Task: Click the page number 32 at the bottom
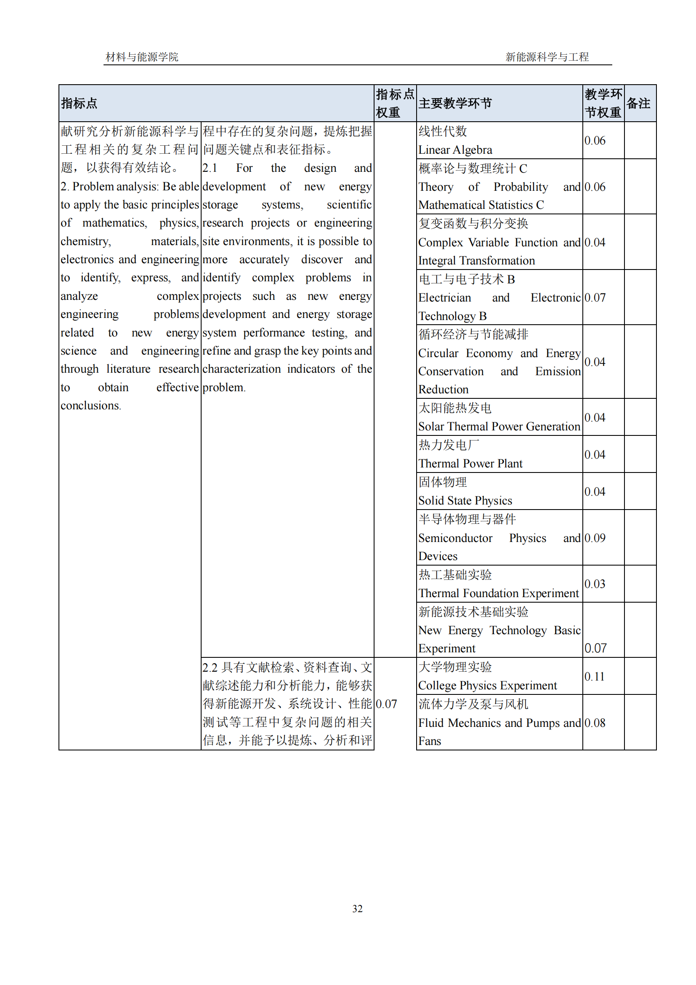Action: pos(357,908)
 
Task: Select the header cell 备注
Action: pos(638,104)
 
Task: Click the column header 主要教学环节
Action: pos(455,104)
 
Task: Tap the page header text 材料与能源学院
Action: pos(142,57)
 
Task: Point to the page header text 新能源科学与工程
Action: pos(547,57)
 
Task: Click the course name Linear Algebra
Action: pos(455,150)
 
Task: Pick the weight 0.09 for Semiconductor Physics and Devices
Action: pos(595,538)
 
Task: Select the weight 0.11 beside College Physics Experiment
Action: pos(595,677)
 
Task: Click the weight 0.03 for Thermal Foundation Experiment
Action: pos(595,584)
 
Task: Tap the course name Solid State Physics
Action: pos(465,501)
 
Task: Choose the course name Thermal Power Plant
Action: pos(470,464)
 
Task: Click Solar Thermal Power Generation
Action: pos(499,427)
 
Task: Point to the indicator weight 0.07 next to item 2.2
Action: pos(386,704)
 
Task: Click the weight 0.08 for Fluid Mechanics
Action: pos(595,723)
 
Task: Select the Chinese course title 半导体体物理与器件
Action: pos(467,520)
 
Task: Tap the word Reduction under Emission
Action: pos(443,390)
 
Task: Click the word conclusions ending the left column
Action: pos(90,406)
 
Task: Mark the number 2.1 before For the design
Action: pos(210,168)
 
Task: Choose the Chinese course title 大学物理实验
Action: pos(455,667)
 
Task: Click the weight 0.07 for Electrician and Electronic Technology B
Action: pos(595,298)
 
